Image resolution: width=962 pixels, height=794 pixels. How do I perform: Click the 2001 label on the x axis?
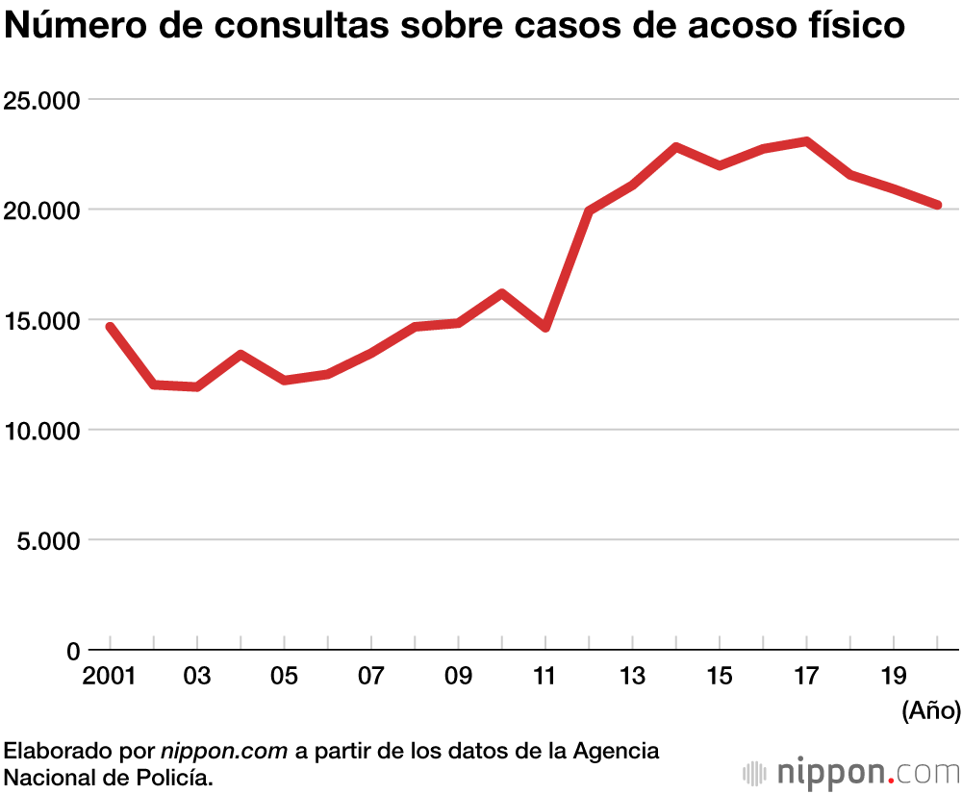pos(109,676)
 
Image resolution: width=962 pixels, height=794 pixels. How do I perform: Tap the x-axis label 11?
pos(544,676)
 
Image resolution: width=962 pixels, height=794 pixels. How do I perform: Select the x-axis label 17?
pos(806,676)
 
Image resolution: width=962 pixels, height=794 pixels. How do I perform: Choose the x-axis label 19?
pos(894,676)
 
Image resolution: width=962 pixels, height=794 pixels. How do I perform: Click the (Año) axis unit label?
pos(930,711)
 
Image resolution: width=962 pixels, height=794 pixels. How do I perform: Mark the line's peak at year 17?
pos(806,141)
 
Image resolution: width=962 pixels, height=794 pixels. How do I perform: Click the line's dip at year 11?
pos(545,327)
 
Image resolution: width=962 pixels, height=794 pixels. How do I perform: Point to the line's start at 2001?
pos(110,327)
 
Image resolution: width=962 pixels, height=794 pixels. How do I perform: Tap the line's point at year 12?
pos(589,211)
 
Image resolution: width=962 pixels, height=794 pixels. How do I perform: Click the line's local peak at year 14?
pos(676,147)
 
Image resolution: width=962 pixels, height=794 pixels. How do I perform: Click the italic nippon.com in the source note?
pos(224,751)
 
